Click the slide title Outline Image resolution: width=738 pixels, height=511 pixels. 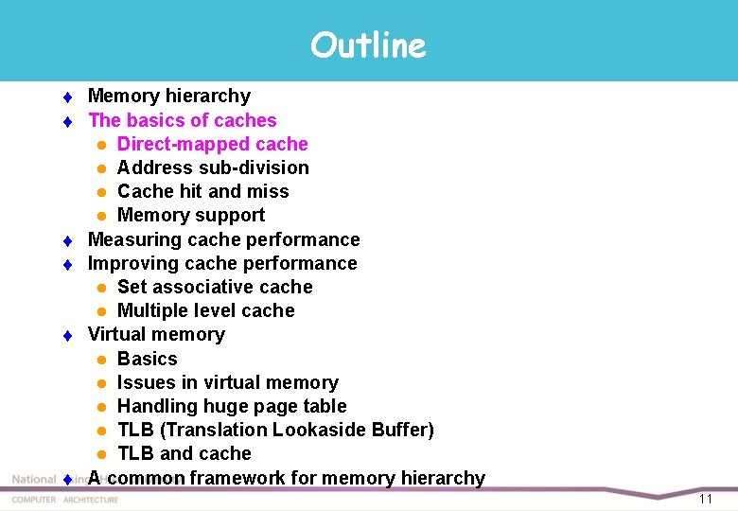click(x=368, y=44)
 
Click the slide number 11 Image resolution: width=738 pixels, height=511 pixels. click(x=706, y=499)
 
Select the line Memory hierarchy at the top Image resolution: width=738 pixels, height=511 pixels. click(x=169, y=96)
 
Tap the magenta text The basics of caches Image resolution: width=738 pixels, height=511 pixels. click(x=183, y=120)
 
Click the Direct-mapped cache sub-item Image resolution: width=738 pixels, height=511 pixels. click(x=212, y=144)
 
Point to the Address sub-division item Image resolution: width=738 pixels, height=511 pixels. click(x=213, y=167)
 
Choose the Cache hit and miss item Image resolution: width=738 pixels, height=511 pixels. click(x=202, y=191)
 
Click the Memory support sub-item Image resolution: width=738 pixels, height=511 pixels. click(x=190, y=215)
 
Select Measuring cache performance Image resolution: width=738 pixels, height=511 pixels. click(x=223, y=239)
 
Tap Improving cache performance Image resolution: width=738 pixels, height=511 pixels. click(x=222, y=263)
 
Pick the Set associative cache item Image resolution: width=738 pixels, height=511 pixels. click(x=215, y=287)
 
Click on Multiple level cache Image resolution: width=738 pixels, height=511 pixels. click(x=205, y=310)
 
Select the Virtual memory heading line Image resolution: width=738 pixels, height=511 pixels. click(x=156, y=334)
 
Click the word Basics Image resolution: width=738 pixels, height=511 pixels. click(x=147, y=359)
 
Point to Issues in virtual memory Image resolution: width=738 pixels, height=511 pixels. click(x=227, y=382)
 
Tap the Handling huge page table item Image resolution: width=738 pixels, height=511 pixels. click(x=232, y=406)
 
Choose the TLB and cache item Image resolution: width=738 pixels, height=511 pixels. click(x=184, y=453)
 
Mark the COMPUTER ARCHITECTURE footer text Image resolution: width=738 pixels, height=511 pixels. click(x=65, y=500)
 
